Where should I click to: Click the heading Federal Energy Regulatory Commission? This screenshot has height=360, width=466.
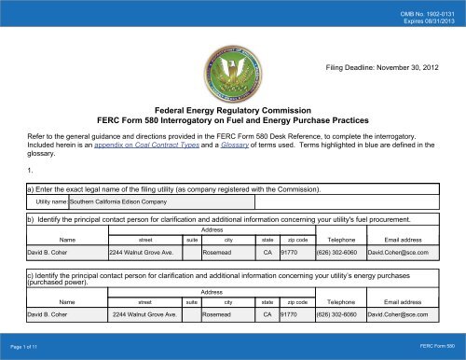point(231,109)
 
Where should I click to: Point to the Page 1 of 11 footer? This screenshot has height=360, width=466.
point(25,347)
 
